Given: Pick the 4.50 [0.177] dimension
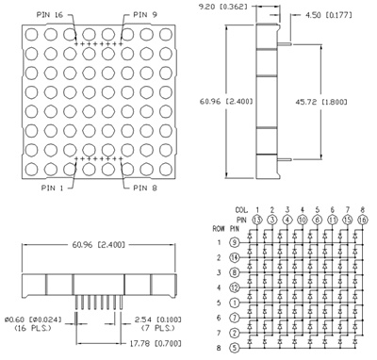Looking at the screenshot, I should [329, 15].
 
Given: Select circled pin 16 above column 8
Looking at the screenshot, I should [363, 219].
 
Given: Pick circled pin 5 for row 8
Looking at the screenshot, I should [234, 347].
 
